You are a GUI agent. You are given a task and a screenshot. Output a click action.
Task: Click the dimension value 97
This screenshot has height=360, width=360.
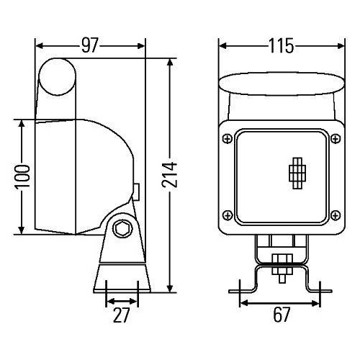point(89,46)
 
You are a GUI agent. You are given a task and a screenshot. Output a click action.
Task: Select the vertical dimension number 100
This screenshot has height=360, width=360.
point(23,176)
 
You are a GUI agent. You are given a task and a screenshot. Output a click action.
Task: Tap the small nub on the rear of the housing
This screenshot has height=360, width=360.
point(136,190)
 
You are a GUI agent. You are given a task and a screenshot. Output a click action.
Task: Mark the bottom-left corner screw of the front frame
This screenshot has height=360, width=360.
point(228,215)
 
